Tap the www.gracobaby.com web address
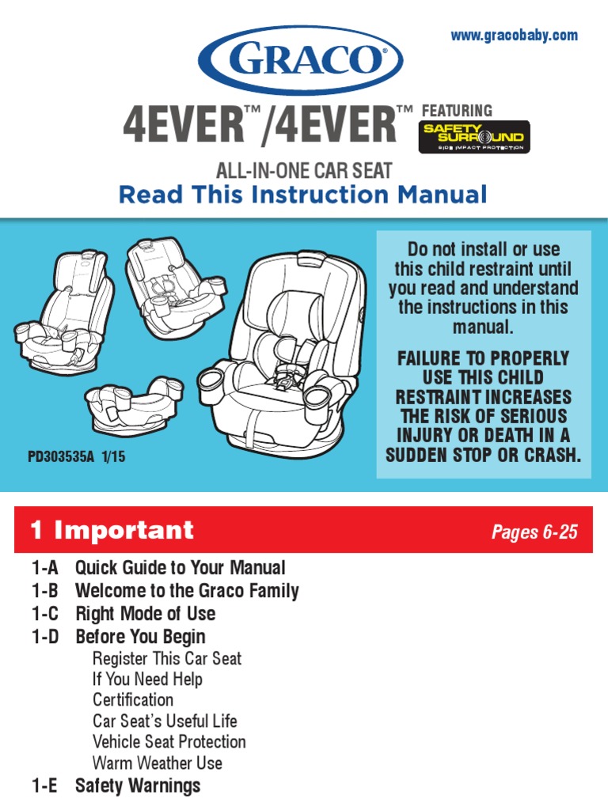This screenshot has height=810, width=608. coord(514,36)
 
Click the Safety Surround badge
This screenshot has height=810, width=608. coord(473,137)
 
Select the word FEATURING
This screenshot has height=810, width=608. coord(458,111)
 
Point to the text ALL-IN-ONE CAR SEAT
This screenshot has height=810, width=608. coord(305,168)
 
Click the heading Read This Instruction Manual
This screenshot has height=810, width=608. coord(302,194)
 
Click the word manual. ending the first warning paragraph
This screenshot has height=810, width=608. coord(483,327)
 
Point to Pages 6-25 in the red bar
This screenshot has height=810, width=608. coord(534,532)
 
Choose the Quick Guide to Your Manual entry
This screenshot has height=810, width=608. coord(180,568)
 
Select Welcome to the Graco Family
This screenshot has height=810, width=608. coord(187,591)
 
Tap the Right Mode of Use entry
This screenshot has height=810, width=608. coord(145,614)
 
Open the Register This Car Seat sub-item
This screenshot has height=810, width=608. coord(166,658)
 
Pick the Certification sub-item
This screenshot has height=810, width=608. coord(132,700)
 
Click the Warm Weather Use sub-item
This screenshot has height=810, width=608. coord(157,763)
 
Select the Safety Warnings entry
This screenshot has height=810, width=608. coord(137,785)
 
